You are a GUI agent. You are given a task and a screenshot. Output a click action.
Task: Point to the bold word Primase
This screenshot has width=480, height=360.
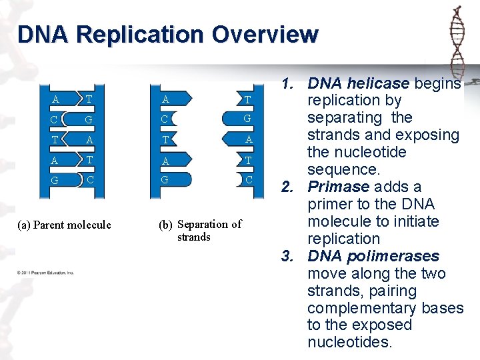tap(339, 187)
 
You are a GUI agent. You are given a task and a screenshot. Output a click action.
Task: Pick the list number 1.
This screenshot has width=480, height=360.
tap(289, 84)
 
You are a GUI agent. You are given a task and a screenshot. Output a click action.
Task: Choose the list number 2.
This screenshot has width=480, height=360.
tap(289, 187)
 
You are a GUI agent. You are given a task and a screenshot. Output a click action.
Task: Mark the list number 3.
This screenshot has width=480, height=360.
tap(289, 256)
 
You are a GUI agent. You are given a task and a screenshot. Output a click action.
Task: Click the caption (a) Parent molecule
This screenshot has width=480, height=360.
tap(63, 225)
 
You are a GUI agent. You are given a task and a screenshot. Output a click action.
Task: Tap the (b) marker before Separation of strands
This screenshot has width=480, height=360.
tap(166, 225)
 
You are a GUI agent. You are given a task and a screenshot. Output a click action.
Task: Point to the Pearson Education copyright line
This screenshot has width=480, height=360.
tap(46, 273)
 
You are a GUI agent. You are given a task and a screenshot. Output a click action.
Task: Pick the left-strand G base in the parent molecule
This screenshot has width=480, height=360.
tap(55, 180)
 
